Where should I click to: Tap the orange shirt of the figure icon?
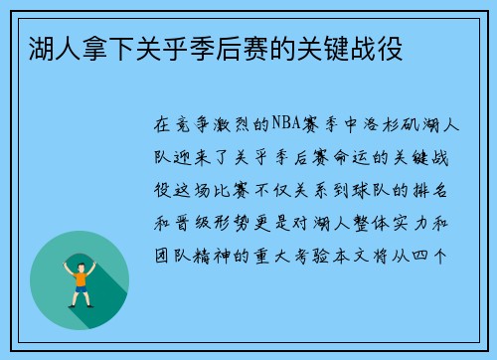pos(80,277)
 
